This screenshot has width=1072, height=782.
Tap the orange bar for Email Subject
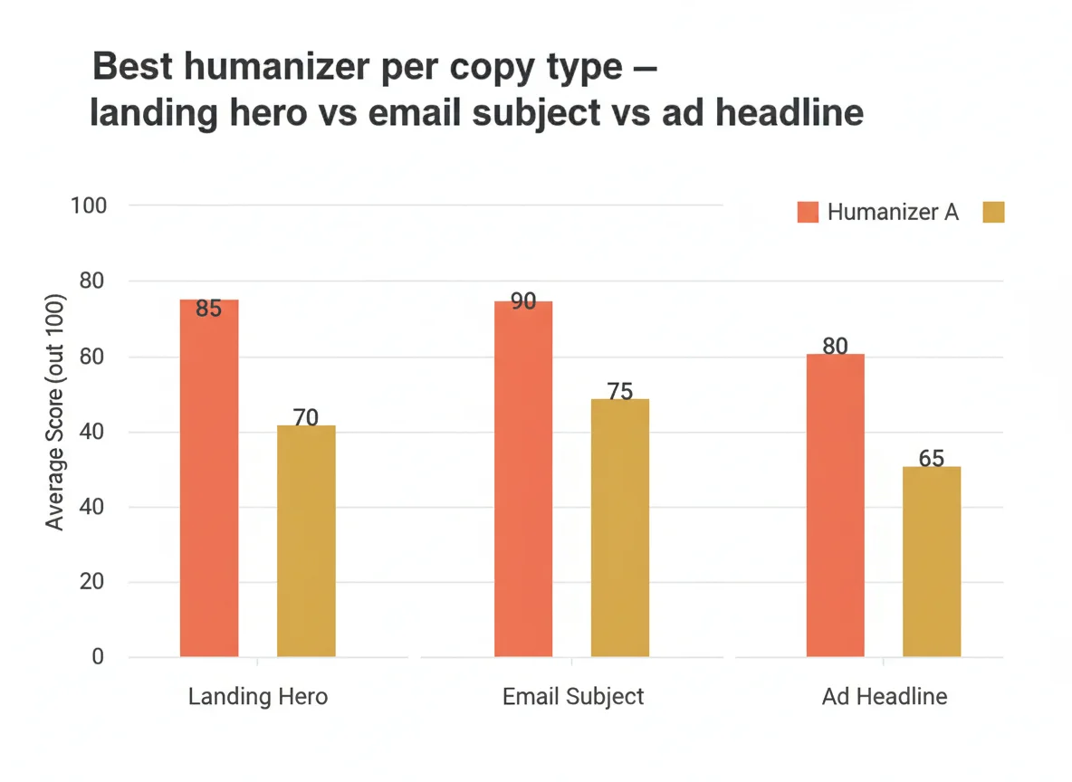pyautogui.click(x=523, y=479)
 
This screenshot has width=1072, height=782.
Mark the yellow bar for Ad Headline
pyautogui.click(x=932, y=561)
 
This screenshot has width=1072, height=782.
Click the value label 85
pyautogui.click(x=208, y=310)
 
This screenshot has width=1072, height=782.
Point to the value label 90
pyautogui.click(x=523, y=302)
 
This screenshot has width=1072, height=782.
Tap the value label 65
pyautogui.click(x=932, y=459)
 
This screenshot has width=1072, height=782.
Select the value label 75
pyautogui.click(x=620, y=392)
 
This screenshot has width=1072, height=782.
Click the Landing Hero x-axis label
pyautogui.click(x=258, y=697)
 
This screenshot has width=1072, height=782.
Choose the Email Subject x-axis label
pyautogui.click(x=573, y=697)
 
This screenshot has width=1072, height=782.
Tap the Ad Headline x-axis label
pyautogui.click(x=885, y=697)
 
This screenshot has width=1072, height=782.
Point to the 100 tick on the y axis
pyautogui.click(x=89, y=206)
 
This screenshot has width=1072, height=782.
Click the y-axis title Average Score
pyautogui.click(x=55, y=413)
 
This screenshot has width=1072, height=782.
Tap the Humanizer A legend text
pyautogui.click(x=893, y=213)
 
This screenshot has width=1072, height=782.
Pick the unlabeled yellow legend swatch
pyautogui.click(x=993, y=213)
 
